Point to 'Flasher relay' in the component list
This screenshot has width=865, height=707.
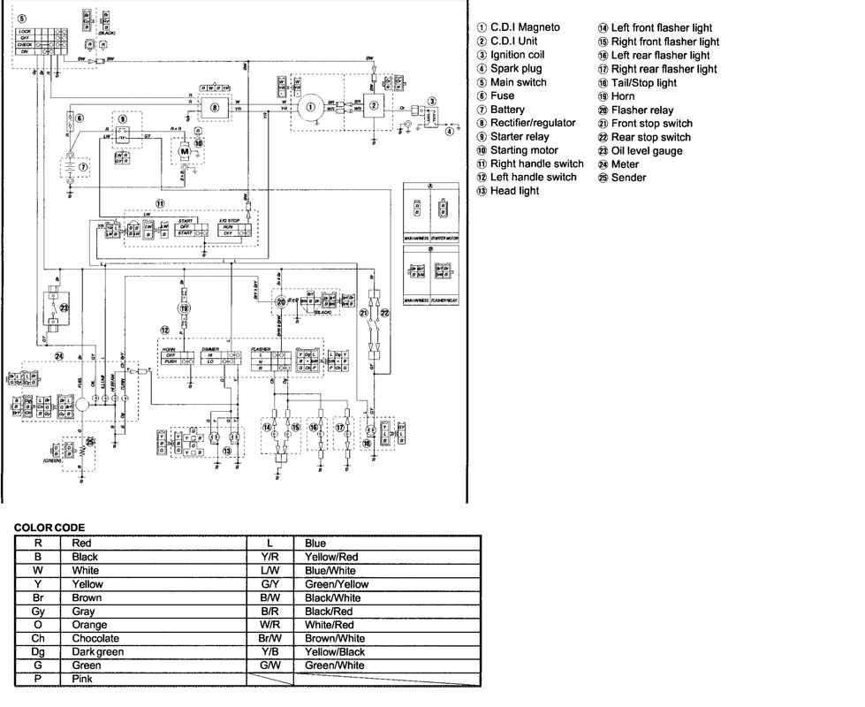(644, 110)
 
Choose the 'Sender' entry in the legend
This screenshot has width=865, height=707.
(628, 178)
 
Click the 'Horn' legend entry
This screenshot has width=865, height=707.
(623, 96)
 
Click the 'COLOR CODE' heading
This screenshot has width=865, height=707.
(50, 528)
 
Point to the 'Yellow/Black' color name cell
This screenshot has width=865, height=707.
(335, 651)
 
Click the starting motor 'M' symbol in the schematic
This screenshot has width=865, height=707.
(186, 151)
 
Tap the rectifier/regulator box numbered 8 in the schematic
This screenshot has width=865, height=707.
(214, 108)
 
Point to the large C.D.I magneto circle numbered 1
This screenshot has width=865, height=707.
(310, 108)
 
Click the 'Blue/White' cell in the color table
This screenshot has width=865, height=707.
(329, 570)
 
